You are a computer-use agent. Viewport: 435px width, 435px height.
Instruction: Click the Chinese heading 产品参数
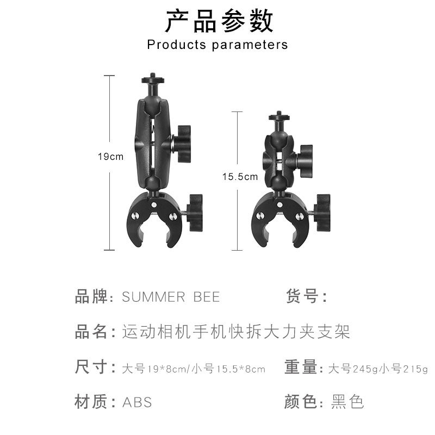[219, 21]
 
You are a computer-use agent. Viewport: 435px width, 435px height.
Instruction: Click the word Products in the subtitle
[176, 45]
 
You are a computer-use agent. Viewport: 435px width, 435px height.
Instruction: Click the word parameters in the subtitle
[250, 45]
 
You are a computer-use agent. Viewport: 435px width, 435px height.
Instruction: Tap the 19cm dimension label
[110, 157]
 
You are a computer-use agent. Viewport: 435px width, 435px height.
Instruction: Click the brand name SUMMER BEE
[171, 297]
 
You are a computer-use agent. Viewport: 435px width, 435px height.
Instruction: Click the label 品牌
[90, 297]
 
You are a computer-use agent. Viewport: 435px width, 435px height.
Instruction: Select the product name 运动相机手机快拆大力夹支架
[236, 332]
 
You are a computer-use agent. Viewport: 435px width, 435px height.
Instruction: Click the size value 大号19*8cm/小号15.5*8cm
[193, 369]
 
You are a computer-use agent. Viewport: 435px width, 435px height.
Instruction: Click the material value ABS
[137, 402]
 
